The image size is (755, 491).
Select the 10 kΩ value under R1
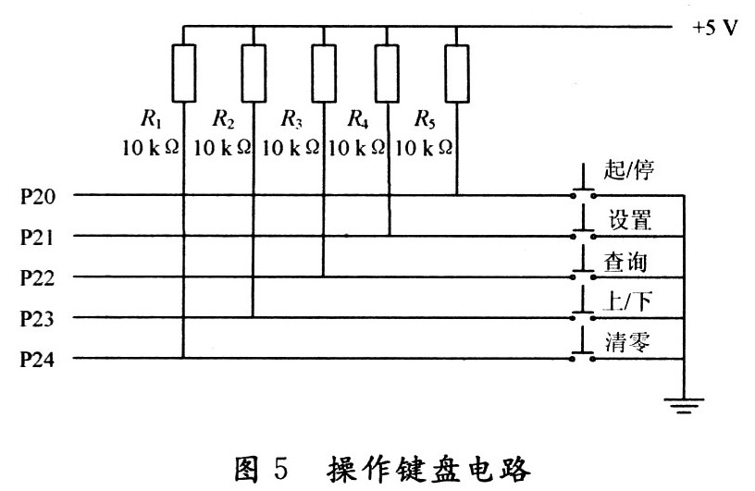tap(150, 147)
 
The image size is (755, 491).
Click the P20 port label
tap(38, 196)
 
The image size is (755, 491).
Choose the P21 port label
tap(38, 237)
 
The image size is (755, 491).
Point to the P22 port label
tap(38, 277)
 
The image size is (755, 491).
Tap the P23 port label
tap(38, 318)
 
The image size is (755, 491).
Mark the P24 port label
tap(38, 359)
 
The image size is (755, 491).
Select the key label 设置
tap(630, 221)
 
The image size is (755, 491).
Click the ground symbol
tap(684, 403)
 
